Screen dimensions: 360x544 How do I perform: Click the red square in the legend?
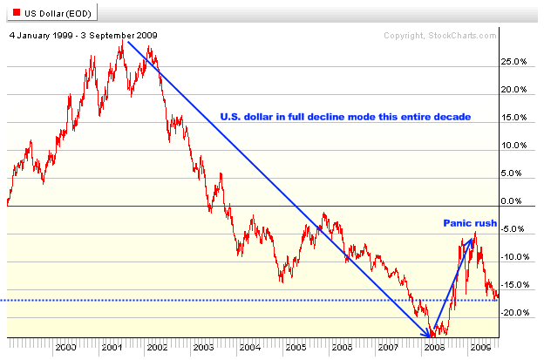click(12, 12)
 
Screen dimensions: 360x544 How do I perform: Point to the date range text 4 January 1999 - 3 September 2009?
click(84, 36)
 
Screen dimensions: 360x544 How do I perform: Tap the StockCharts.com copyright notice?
click(440, 36)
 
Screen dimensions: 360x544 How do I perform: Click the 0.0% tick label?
click(514, 202)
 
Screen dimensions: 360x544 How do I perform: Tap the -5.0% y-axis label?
click(514, 230)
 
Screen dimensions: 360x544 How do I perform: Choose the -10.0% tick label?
click(514, 257)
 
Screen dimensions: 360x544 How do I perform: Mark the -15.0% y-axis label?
click(514, 285)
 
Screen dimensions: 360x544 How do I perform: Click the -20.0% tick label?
click(514, 313)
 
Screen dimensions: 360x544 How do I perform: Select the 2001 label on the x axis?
click(111, 348)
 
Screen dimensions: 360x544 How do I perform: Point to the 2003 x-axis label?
click(203, 348)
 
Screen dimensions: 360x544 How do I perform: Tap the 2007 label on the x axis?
click(387, 348)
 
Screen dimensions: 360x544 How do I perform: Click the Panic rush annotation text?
click(470, 224)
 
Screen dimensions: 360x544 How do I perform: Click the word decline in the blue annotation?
click(312, 117)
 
